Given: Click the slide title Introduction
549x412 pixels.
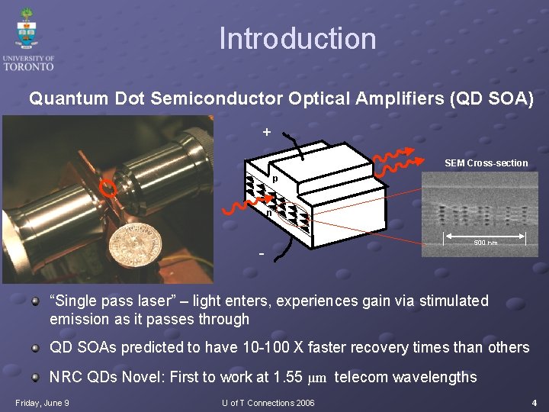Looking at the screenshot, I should [x=297, y=39].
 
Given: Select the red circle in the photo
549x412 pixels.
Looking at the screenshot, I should [x=110, y=189].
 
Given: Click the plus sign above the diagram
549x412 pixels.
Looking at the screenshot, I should [x=266, y=132].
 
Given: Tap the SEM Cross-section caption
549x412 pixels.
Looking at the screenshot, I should [x=486, y=163].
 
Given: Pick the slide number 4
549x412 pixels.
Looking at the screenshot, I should [x=535, y=402].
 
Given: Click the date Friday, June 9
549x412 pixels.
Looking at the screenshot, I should [x=42, y=402].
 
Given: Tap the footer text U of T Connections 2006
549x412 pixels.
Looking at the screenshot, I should [x=268, y=402].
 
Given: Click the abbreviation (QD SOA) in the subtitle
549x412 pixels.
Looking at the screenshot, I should [x=493, y=99].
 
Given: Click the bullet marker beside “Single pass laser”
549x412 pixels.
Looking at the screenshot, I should [x=35, y=301].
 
